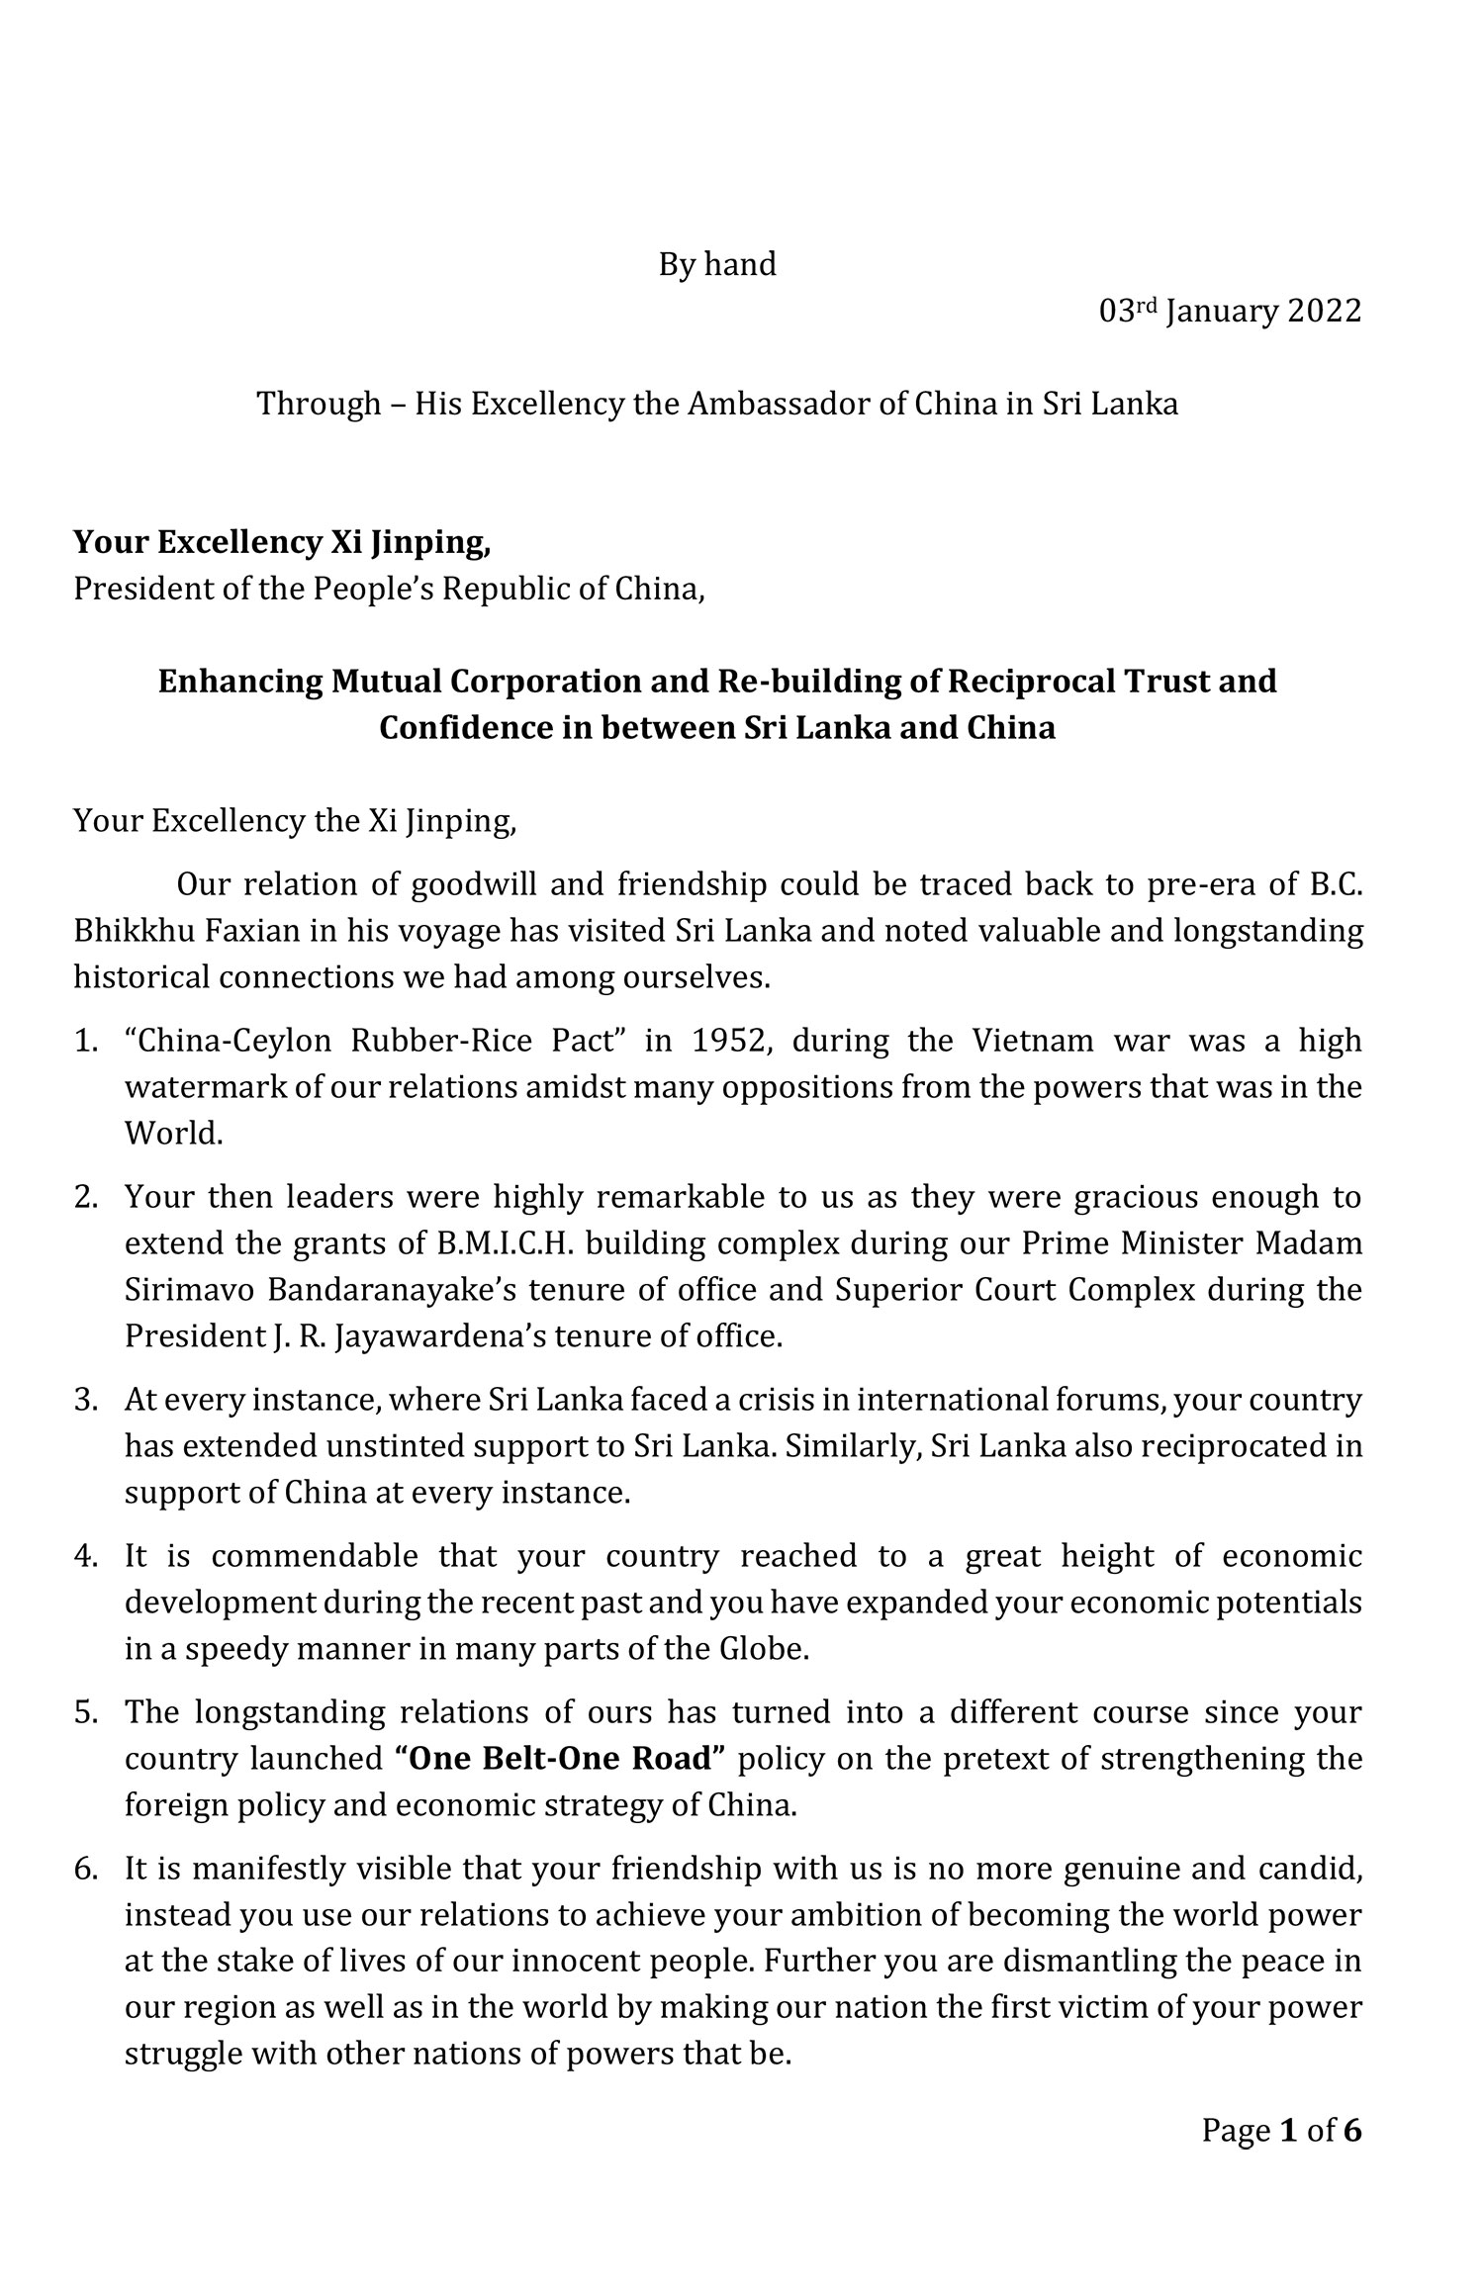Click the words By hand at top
click(717, 265)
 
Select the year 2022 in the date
click(1324, 312)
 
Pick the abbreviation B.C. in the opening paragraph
click(1336, 885)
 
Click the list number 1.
click(83, 1041)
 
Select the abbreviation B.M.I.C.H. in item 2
click(505, 1243)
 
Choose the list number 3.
click(83, 1401)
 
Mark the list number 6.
click(83, 1869)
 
